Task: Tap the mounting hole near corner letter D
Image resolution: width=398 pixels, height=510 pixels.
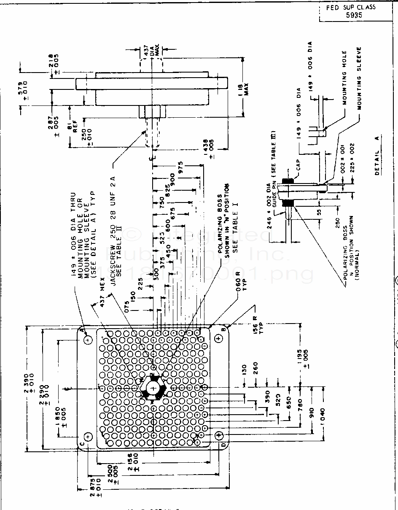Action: (x=219, y=435)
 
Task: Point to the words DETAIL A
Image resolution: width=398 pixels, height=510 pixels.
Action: (x=378, y=155)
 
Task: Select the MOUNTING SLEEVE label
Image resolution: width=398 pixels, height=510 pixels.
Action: (x=359, y=78)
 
